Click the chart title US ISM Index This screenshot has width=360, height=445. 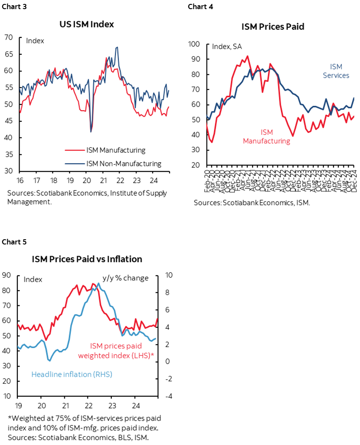(87, 24)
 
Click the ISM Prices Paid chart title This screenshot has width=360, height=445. (273, 27)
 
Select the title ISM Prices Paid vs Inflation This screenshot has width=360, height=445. (87, 259)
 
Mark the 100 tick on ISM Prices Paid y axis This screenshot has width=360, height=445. (193, 44)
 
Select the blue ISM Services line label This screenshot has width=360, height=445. (337, 71)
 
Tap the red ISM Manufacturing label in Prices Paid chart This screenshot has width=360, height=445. (266, 137)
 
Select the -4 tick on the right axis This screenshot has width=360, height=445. (168, 396)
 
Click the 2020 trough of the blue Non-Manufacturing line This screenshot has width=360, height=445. (91, 132)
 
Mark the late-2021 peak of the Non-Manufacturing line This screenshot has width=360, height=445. (117, 47)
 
